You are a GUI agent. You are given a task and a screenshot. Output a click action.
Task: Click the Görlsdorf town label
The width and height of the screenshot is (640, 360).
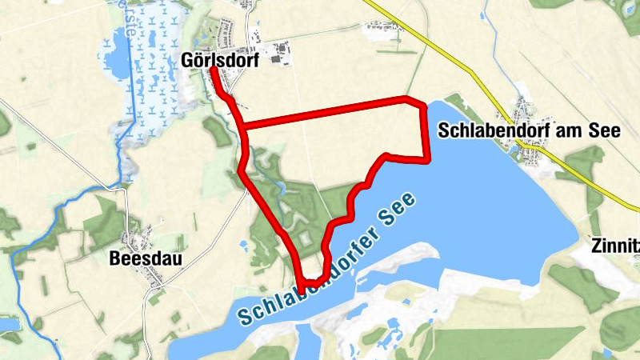221,60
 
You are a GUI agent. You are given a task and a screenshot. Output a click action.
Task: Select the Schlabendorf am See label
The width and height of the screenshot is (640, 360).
530,132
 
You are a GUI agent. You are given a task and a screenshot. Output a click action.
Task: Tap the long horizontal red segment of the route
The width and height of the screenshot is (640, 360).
328,112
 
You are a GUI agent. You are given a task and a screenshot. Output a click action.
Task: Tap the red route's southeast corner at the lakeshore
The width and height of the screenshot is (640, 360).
428,158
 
